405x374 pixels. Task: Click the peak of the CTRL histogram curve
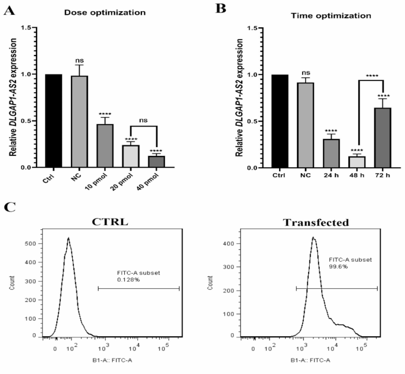pos(69,239)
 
